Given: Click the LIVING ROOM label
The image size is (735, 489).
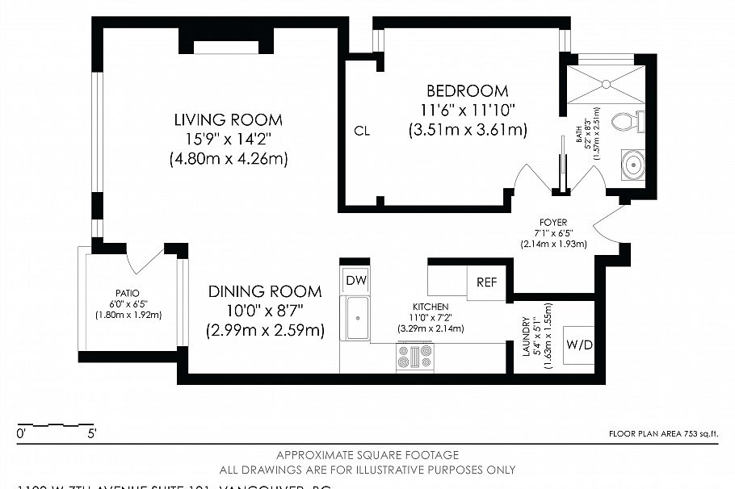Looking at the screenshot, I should click(x=229, y=120).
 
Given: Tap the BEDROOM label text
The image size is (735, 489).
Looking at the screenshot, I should click(x=468, y=90).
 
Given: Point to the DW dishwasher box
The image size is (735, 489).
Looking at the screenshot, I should click(x=355, y=280).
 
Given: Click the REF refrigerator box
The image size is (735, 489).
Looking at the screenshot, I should click(x=486, y=282).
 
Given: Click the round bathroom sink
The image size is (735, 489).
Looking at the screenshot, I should click(x=632, y=165).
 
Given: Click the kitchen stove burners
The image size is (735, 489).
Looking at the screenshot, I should click(x=415, y=356).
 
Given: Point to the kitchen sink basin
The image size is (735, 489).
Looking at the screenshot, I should click(x=356, y=319).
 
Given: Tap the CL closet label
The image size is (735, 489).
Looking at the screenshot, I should click(x=362, y=131).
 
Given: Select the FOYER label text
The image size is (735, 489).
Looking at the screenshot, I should click(x=554, y=222).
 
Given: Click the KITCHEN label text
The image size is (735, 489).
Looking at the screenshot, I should click(x=430, y=307).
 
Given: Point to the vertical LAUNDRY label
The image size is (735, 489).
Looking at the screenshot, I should click(x=526, y=336).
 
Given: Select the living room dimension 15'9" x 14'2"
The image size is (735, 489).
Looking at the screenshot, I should click(x=229, y=140).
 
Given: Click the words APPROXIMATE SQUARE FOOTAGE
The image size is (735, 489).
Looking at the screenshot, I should click(x=367, y=455).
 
